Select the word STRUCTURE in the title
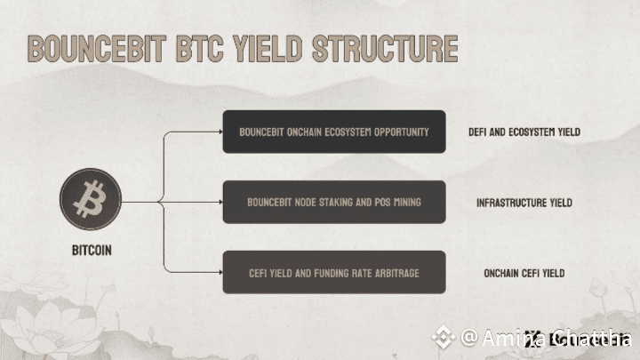[385, 48]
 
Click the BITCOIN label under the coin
[92, 251]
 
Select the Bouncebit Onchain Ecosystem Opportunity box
[333, 132]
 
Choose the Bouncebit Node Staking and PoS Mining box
[333, 202]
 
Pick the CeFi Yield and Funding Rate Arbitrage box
[333, 272]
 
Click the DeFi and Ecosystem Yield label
[524, 132]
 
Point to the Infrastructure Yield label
[524, 203]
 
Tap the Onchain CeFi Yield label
[524, 273]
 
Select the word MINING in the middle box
[404, 202]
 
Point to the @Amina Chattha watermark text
[547, 337]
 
